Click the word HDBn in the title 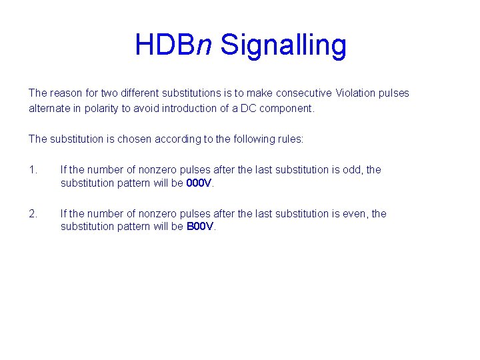(x=173, y=45)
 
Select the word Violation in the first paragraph (x=355, y=93)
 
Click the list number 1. (x=33, y=170)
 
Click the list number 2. (x=33, y=214)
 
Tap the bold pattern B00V (x=201, y=227)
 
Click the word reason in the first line (x=65, y=93)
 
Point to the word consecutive (x=305, y=93)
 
